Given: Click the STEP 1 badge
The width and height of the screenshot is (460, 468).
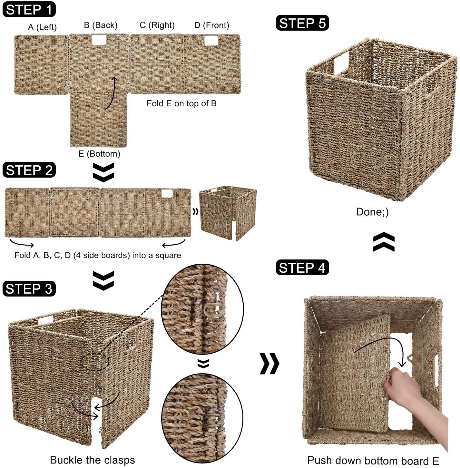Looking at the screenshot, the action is [x=29, y=9].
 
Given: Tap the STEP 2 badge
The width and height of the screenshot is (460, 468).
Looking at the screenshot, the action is [x=29, y=170].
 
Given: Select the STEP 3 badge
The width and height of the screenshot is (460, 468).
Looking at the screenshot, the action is [x=29, y=289].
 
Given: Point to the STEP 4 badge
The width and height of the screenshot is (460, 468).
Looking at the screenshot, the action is [x=302, y=268].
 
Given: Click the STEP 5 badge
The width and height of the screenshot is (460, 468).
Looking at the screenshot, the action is [x=302, y=23].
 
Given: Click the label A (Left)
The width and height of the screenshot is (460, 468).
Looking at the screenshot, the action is [x=42, y=27].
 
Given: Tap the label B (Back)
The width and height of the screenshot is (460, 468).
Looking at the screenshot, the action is [x=101, y=25].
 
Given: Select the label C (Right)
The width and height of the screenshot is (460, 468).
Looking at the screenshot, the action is [x=157, y=25].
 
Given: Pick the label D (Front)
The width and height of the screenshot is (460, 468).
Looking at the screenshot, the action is [x=211, y=25].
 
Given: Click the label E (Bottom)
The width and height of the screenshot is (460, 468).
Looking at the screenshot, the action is [x=99, y=154].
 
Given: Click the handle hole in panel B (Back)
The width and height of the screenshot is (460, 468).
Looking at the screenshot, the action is [x=99, y=40].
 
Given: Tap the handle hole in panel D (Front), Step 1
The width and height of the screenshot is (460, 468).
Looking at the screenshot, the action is [x=211, y=41].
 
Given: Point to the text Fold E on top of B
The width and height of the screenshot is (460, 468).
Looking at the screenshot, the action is [x=181, y=103].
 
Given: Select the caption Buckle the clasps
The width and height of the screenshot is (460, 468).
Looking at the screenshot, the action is [x=92, y=460].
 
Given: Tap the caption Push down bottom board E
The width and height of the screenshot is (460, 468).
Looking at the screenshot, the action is [x=373, y=461].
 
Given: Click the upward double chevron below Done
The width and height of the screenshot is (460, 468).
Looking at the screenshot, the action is [x=384, y=242].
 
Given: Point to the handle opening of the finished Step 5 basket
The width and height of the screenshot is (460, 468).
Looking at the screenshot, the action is [x=342, y=63].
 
